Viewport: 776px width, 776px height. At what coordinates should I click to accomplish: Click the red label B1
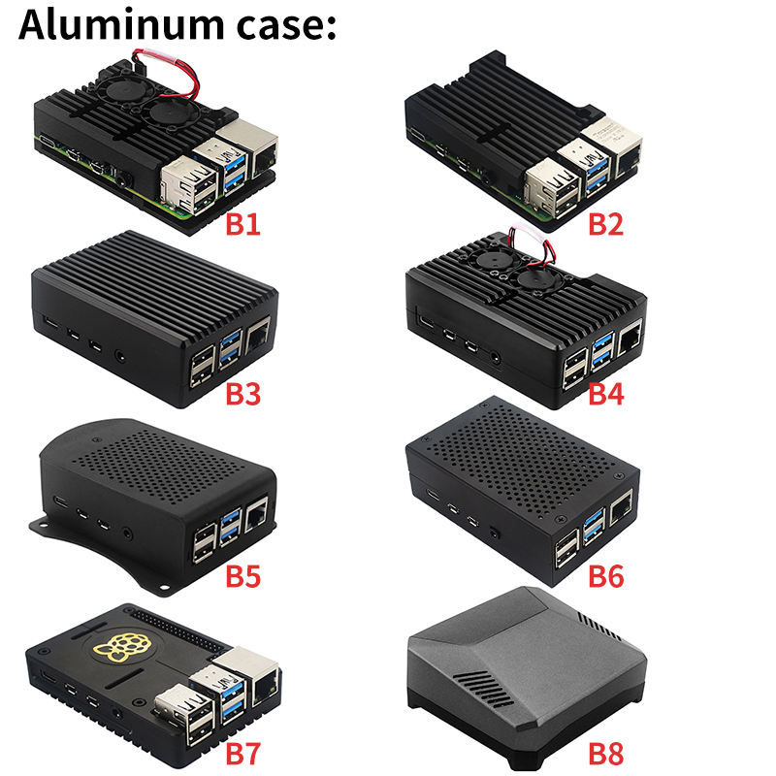pyautogui.click(x=243, y=225)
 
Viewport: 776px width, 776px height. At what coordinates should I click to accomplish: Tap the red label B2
pyautogui.click(x=606, y=225)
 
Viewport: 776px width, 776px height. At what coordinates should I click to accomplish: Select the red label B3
pyautogui.click(x=243, y=395)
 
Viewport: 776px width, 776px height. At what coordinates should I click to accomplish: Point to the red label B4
pyautogui.click(x=606, y=395)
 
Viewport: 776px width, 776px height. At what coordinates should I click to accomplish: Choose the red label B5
pyautogui.click(x=243, y=575)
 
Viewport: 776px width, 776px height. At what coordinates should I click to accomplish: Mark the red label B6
pyautogui.click(x=606, y=575)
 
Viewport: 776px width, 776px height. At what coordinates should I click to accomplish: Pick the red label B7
pyautogui.click(x=243, y=752)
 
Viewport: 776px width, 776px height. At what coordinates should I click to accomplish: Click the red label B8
pyautogui.click(x=606, y=752)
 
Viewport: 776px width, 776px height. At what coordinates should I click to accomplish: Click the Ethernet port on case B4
pyautogui.click(x=630, y=339)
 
